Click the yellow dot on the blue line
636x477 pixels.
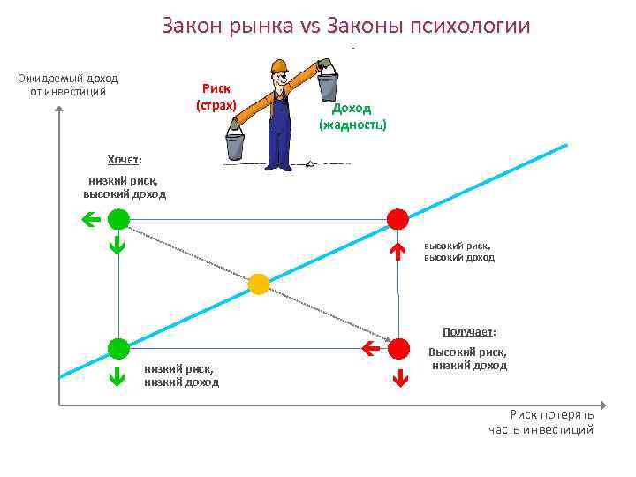[258, 284]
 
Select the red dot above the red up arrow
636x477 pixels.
[397, 219]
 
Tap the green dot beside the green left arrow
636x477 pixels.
[118, 219]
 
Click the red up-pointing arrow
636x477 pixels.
[397, 252]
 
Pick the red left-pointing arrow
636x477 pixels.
[371, 349]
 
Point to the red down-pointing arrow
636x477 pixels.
[397, 380]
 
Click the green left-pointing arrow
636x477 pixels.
[89, 219]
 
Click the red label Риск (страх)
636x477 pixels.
[216, 97]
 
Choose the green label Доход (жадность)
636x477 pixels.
[352, 116]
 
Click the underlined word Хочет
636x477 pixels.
[123, 159]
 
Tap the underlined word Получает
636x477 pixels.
[468, 332]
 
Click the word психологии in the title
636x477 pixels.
[470, 26]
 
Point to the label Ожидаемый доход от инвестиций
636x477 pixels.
[68, 84]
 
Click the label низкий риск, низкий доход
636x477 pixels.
[181, 375]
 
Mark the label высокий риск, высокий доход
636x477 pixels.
[458, 252]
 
